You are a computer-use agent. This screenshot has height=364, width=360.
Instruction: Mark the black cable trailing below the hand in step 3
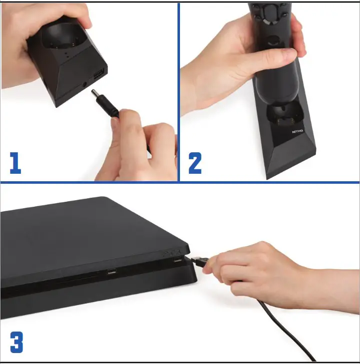coord(280,325)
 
